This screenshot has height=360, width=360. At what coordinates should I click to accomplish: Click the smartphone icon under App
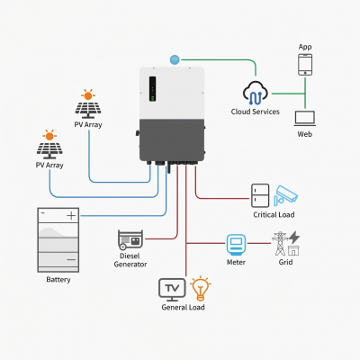[305, 65]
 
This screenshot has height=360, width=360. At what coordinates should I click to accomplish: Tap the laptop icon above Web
[305, 119]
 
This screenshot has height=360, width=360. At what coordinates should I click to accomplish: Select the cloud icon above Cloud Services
[256, 92]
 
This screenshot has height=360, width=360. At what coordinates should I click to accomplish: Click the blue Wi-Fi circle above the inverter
[175, 59]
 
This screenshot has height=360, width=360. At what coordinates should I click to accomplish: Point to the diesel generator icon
[130, 240]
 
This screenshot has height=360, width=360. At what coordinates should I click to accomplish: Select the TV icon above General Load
[172, 290]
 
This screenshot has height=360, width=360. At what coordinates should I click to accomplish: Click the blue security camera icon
[285, 195]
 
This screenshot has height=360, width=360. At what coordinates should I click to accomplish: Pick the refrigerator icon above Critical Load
[260, 195]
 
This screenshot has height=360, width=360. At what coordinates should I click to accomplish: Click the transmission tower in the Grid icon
[280, 243]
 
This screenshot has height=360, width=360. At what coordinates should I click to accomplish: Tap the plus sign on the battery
[71, 215]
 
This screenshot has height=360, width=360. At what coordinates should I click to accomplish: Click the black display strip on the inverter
[152, 88]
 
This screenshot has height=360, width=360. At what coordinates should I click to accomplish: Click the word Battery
[58, 280]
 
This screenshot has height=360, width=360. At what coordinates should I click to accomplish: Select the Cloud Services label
[256, 112]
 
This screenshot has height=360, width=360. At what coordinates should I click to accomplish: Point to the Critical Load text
[274, 215]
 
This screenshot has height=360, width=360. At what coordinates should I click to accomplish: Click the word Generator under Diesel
[130, 265]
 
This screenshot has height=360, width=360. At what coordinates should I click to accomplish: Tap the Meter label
[236, 262]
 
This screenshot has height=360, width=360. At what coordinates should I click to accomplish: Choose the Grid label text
[285, 262]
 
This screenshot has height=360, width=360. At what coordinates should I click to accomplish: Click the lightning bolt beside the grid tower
[294, 238]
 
